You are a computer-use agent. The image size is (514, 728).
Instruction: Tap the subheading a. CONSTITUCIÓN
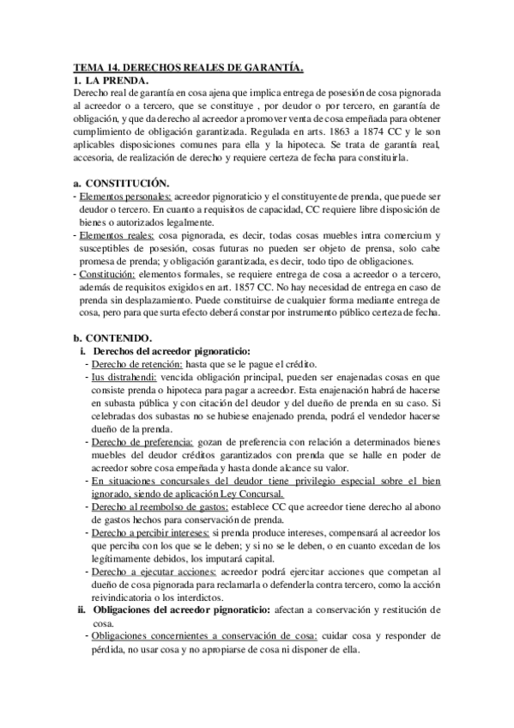click(x=121, y=184)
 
